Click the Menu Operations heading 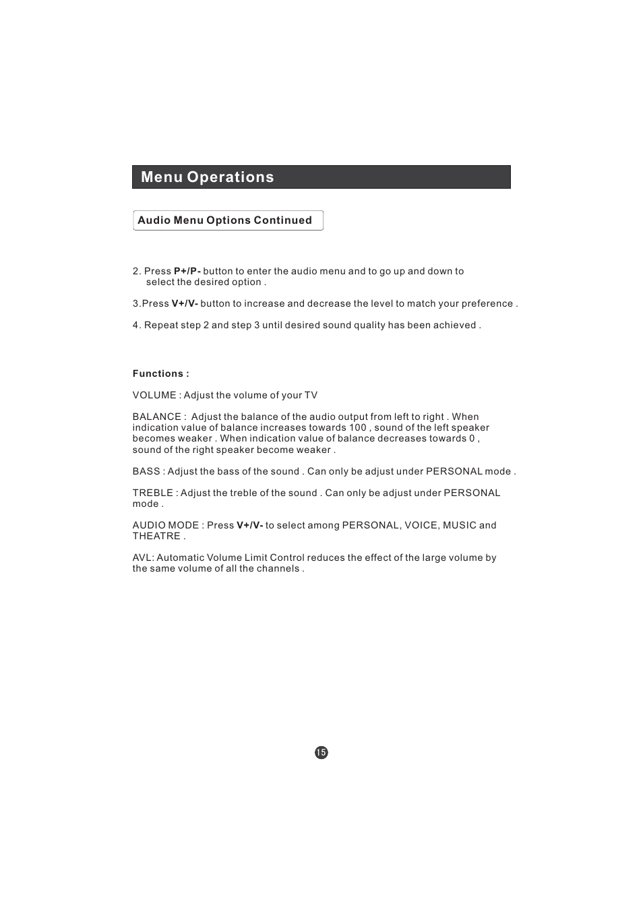pos(208,177)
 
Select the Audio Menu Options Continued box pos(228,220)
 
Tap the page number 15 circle pos(321,752)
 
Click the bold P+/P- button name pos(187,272)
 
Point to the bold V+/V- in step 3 pos(185,304)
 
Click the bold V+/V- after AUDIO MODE pos(249,525)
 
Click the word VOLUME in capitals pos(154,396)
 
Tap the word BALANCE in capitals pos(157,417)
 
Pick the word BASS pos(146,472)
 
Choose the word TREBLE pos(152,493)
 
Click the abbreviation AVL pos(142,558)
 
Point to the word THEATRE pos(156,537)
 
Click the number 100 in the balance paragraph pos(358,428)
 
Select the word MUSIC pos(460,525)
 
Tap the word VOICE pos(421,525)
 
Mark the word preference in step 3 pos(487,304)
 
